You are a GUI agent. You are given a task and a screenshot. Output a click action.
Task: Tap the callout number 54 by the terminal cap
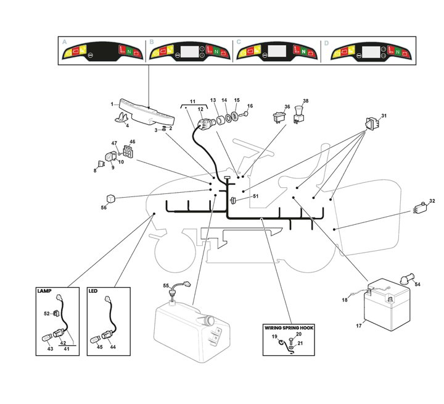pyautogui.click(x=417, y=284)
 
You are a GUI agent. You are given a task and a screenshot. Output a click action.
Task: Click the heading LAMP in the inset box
pyautogui.click(x=44, y=290)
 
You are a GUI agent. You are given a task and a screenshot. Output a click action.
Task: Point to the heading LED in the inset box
pyautogui.click(x=93, y=290)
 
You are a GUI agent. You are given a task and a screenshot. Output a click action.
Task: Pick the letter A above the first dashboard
pyautogui.click(x=64, y=43)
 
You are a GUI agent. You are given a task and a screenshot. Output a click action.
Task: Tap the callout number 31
pyautogui.click(x=384, y=116)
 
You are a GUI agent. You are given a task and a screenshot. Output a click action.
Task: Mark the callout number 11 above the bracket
pyautogui.click(x=192, y=100)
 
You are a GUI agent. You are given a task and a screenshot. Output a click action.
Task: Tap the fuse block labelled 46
pyautogui.click(x=128, y=152)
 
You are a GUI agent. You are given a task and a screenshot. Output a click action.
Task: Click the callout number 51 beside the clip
pyautogui.click(x=256, y=196)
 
